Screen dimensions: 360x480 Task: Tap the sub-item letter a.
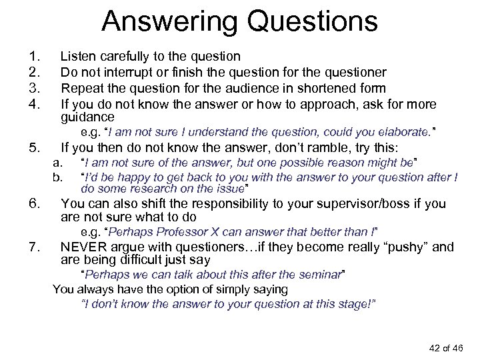pos(57,163)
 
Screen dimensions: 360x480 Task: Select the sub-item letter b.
pos(57,177)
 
